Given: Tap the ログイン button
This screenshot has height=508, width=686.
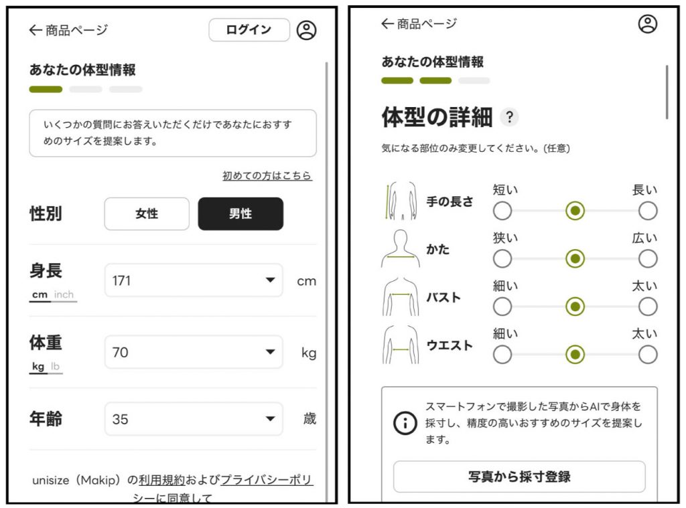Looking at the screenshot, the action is click(249, 29).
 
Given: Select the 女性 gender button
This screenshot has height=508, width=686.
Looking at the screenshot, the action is click(147, 214).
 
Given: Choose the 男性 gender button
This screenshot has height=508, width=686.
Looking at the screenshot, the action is click(241, 214).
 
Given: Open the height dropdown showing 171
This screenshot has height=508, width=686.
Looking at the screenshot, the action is click(194, 280).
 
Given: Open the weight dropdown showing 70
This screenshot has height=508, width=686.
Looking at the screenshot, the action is click(194, 352).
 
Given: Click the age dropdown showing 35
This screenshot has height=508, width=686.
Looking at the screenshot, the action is click(194, 419).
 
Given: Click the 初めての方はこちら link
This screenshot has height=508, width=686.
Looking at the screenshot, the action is click(267, 176).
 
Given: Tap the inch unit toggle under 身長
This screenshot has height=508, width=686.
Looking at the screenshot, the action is click(64, 294).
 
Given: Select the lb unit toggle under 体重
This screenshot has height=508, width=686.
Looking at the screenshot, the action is click(55, 366).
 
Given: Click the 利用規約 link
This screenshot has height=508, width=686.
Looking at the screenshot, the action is click(162, 480).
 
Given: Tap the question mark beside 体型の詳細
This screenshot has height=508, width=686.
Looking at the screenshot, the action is click(509, 117).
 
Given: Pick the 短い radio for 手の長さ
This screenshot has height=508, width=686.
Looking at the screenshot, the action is click(502, 211).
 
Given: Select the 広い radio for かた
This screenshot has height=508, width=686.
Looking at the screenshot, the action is click(648, 259).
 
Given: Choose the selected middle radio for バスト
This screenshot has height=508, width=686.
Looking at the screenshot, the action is click(575, 307).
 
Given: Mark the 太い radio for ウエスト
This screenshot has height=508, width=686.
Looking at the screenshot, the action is click(648, 355).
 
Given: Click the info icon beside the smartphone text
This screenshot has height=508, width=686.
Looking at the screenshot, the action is click(405, 423).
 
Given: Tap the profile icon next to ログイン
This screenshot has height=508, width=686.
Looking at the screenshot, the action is click(306, 30).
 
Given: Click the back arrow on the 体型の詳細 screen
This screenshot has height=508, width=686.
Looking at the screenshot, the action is click(388, 23).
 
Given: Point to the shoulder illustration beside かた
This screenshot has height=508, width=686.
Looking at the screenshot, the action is click(401, 248).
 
